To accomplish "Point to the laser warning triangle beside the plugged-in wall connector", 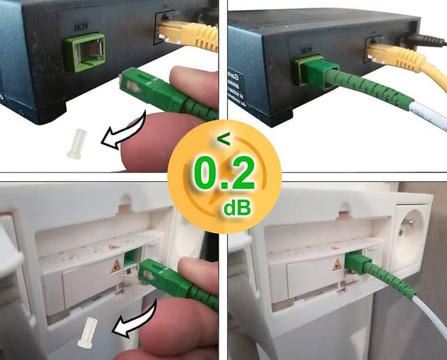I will pos(337,266).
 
